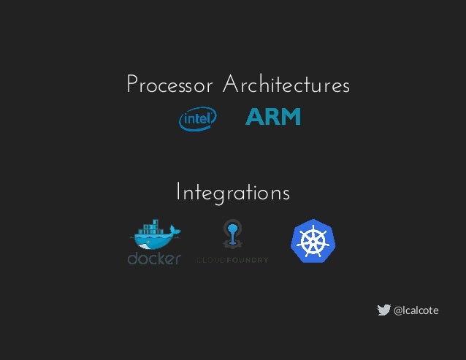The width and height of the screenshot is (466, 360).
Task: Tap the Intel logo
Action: click(198, 118)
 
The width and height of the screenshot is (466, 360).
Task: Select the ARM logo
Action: click(272, 118)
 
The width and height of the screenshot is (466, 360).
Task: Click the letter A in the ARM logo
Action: click(255, 118)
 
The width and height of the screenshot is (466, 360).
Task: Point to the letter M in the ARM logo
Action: click(291, 118)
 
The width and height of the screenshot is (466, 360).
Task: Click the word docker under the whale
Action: click(154, 258)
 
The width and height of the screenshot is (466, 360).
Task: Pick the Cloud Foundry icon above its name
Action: click(232, 234)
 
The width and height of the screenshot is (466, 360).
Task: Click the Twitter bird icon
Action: click(383, 310)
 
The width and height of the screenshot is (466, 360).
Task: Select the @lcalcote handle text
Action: click(416, 310)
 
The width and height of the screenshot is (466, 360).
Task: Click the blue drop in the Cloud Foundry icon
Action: click(232, 230)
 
